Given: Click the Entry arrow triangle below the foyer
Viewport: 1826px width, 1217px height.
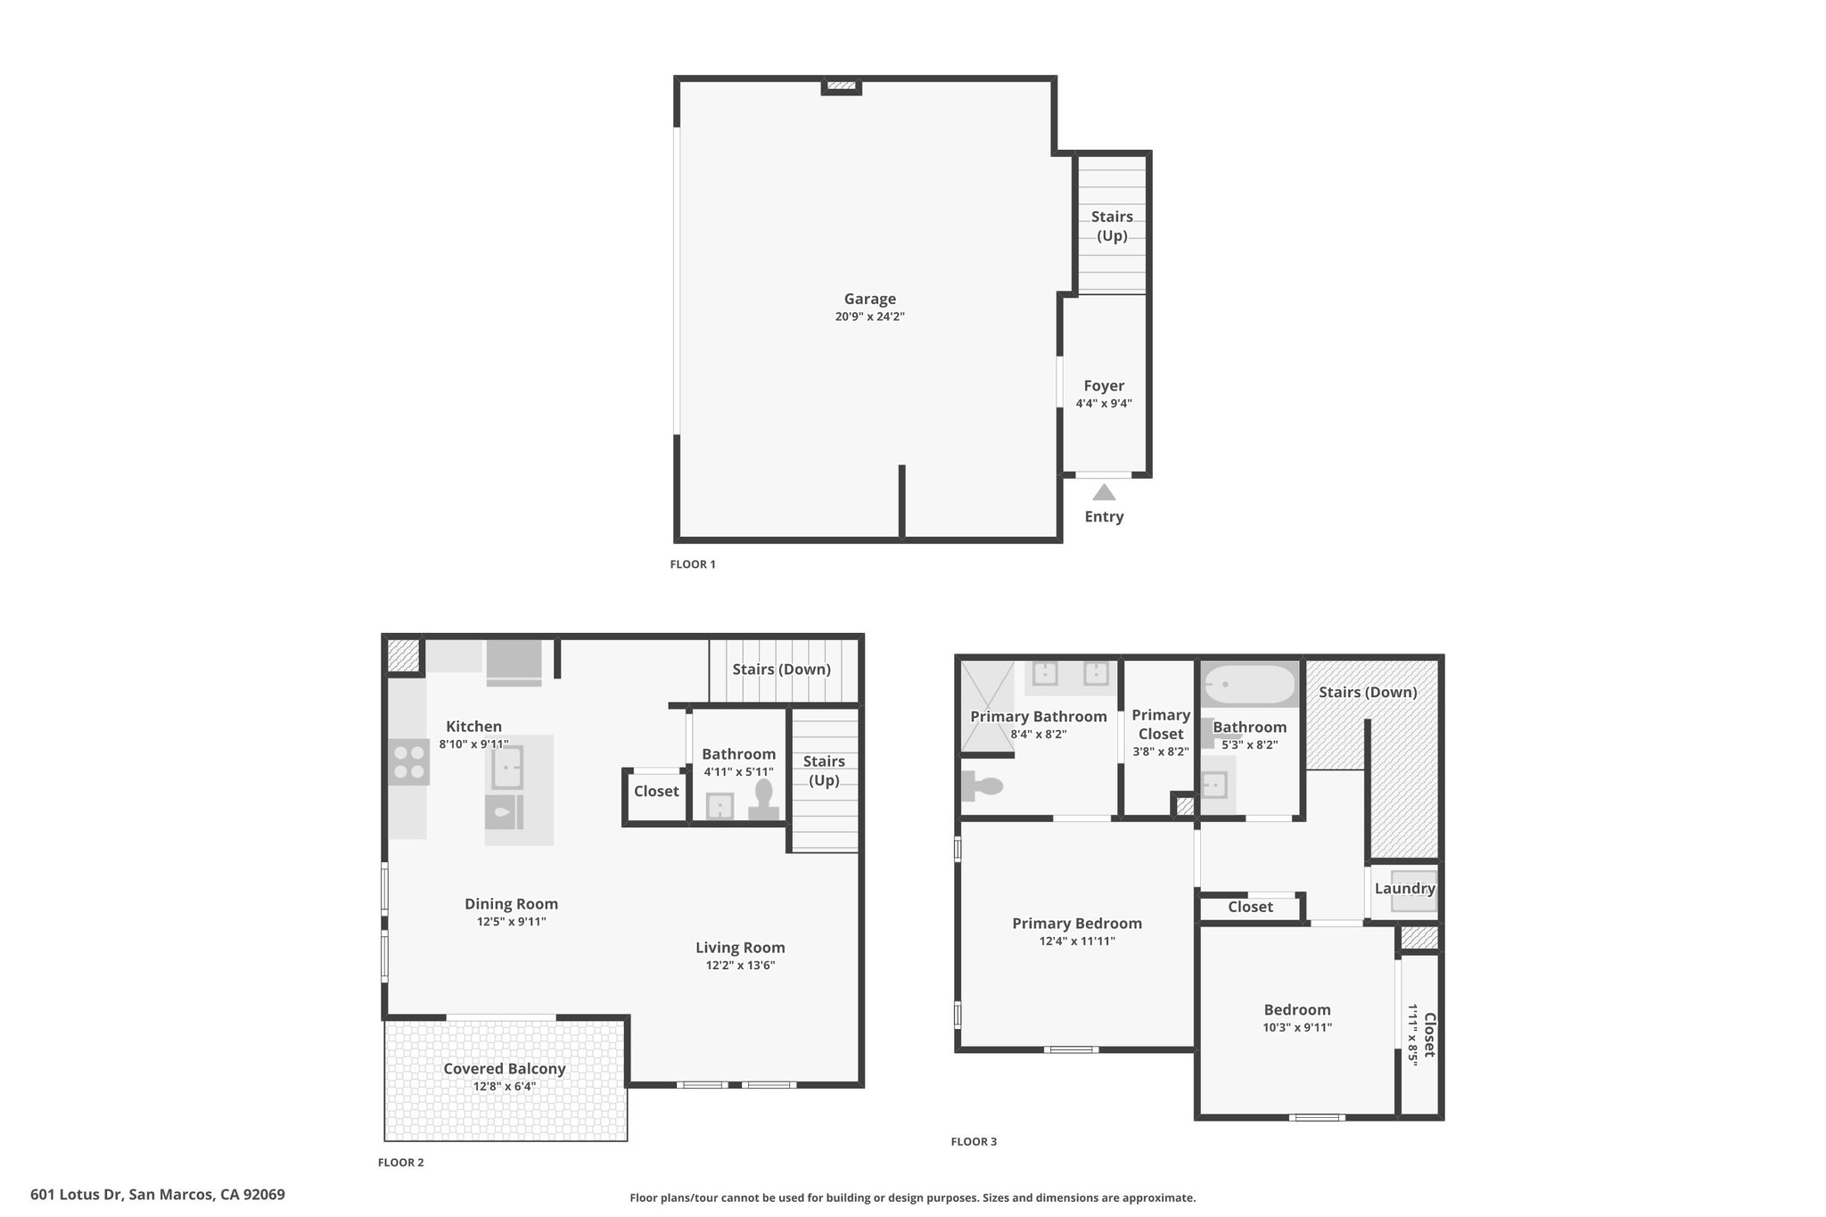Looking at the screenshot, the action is click(x=1104, y=492).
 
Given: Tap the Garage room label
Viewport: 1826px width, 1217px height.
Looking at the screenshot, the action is click(x=870, y=299).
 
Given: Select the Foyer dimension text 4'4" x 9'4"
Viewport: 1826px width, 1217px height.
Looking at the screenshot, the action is click(x=1104, y=403).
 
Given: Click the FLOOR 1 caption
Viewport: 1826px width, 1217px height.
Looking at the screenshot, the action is click(x=693, y=564).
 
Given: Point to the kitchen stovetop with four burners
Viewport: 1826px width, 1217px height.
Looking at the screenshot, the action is click(x=409, y=762).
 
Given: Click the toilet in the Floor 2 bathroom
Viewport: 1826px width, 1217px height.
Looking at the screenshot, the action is click(x=764, y=799).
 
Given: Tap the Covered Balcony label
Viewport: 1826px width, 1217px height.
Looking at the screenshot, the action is click(x=505, y=1068).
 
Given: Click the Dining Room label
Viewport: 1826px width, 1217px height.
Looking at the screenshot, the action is click(x=511, y=904).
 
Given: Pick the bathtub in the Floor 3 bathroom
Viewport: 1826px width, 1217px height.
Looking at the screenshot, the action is click(x=1249, y=685).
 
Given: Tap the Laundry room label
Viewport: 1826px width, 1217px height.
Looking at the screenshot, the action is click(x=1404, y=888).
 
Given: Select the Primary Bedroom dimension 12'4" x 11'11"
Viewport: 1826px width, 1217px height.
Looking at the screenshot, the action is click(x=1077, y=941).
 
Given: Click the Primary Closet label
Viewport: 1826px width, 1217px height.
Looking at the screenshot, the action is click(x=1161, y=724).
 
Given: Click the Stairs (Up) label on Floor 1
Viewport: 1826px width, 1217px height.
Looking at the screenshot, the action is click(x=1112, y=226).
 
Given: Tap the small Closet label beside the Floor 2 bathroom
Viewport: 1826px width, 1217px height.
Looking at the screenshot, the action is click(x=656, y=791).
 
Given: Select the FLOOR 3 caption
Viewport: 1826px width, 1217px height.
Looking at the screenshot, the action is click(x=974, y=1142).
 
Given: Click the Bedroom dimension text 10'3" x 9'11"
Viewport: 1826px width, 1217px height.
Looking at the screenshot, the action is click(x=1297, y=1027).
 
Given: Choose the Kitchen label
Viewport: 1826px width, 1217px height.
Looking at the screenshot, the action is click(x=473, y=727).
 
